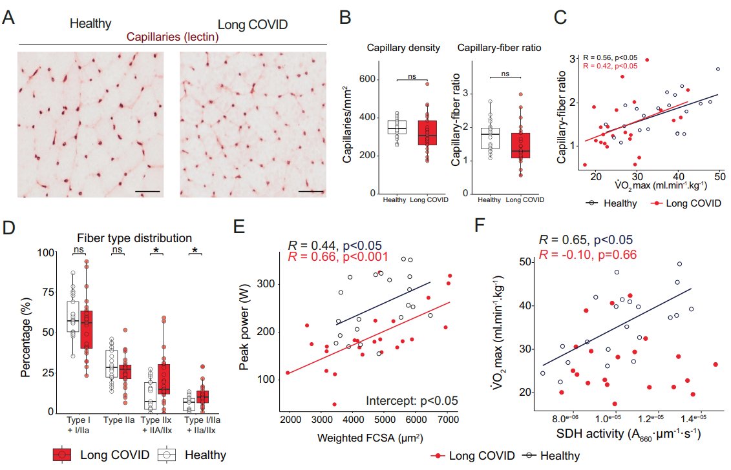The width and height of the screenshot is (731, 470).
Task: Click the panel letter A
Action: (x=9, y=17)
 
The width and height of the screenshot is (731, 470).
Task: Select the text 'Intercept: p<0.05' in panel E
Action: (x=412, y=400)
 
